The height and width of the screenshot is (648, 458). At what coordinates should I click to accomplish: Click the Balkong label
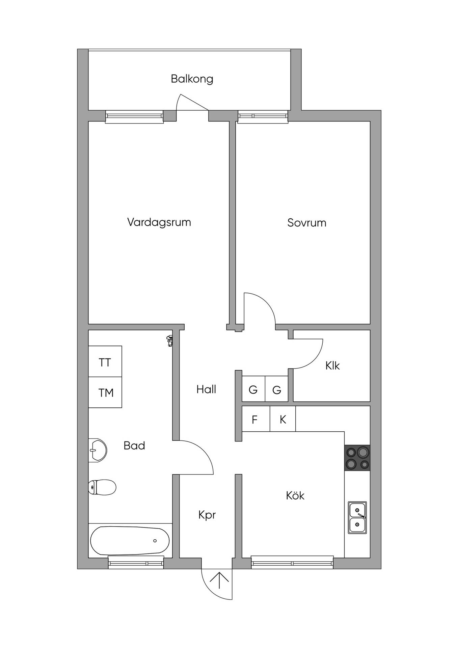(192, 79)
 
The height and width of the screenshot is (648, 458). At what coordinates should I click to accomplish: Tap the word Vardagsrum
(159, 222)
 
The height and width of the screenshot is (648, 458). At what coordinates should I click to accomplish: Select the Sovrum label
(307, 223)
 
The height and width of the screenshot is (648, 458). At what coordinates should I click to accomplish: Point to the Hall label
(206, 389)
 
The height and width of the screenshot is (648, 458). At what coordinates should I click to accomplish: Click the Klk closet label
(332, 366)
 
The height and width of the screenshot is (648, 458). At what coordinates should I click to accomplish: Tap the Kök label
(295, 495)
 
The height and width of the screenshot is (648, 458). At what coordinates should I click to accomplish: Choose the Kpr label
(207, 515)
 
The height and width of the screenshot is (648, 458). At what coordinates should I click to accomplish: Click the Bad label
(134, 446)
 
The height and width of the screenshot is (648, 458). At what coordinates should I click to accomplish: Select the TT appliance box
(105, 361)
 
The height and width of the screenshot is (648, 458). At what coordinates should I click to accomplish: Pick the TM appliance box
(105, 393)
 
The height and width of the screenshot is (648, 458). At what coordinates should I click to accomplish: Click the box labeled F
(256, 419)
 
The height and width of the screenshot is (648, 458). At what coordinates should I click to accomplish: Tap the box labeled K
(283, 419)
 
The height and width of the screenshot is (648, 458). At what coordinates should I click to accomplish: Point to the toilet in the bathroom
(102, 487)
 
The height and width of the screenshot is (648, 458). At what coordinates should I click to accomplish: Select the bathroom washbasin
(98, 450)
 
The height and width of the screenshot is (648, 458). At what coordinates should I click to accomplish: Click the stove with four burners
(357, 458)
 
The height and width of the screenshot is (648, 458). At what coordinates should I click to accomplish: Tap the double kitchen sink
(357, 518)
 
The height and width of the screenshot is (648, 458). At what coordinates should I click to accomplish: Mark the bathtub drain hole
(155, 541)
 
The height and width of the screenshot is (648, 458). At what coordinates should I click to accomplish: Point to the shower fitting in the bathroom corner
(169, 341)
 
